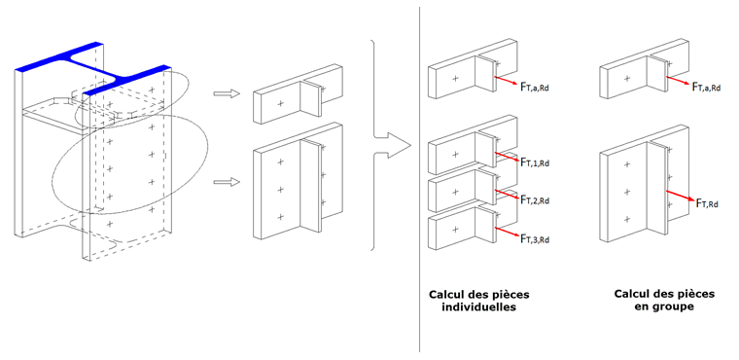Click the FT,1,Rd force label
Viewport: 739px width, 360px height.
pyautogui.click(x=536, y=162)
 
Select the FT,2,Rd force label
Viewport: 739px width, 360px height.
pyautogui.click(x=536, y=200)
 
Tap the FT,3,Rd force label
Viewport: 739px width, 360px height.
pyautogui.click(x=536, y=239)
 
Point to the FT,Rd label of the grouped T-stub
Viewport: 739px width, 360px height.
pyautogui.click(x=709, y=202)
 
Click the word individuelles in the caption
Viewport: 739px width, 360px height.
pyautogui.click(x=472, y=306)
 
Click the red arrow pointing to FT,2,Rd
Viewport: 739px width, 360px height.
pyautogui.click(x=507, y=195)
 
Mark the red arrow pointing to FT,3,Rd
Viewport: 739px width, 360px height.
pyautogui.click(x=507, y=233)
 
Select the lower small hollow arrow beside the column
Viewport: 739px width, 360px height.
pyautogui.click(x=226, y=181)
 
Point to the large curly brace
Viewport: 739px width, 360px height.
pyautogui.click(x=374, y=146)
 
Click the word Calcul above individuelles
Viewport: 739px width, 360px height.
pyautogui.click(x=449, y=293)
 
